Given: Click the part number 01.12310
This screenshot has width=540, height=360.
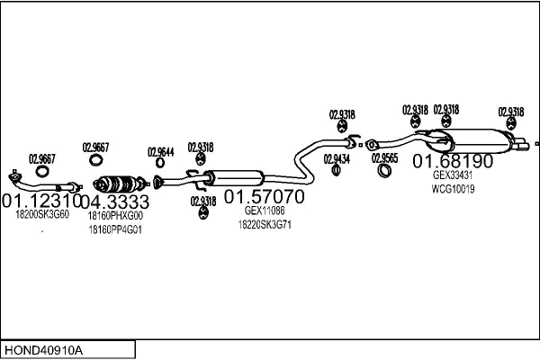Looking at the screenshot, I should [x=41, y=201].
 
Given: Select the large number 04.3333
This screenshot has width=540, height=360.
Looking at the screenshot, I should [x=115, y=202].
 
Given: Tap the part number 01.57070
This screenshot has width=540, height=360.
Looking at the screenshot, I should [x=264, y=196].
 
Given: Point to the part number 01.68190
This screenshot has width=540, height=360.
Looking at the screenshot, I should [x=453, y=162].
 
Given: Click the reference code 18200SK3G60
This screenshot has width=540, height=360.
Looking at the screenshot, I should [x=41, y=215].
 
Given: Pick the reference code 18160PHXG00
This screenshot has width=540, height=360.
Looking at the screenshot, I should [x=115, y=216].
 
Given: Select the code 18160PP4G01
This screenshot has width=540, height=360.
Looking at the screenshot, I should [x=115, y=230].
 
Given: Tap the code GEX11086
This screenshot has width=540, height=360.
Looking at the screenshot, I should [x=265, y=211].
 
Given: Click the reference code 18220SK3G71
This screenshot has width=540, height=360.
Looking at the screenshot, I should [x=265, y=225].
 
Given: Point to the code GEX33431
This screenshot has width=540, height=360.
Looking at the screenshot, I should [x=453, y=176].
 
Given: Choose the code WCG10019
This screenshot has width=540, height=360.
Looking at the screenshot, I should [x=453, y=190].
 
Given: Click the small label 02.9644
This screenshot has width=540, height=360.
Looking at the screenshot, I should [x=160, y=152].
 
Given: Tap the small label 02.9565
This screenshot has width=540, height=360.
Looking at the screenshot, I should [x=385, y=158].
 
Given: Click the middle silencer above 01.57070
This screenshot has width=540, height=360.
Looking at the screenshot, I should [x=238, y=177].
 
